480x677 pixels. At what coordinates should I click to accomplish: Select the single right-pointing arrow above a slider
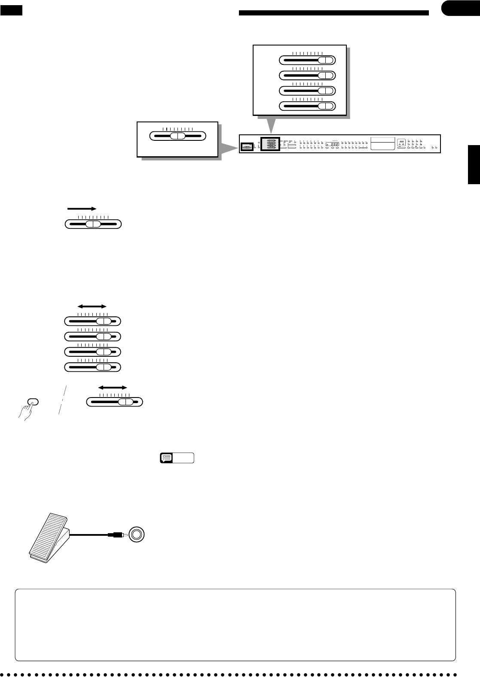pos(81,208)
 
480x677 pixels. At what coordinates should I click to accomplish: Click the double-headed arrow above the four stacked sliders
pos(92,306)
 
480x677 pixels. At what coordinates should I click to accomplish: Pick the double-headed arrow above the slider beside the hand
pos(113,387)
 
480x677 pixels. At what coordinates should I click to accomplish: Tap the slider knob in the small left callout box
pos(177,136)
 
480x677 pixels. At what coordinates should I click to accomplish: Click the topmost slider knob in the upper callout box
pos(327,60)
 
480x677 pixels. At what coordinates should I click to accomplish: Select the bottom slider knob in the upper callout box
pos(327,106)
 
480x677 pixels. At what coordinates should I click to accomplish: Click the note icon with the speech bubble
pos(166,458)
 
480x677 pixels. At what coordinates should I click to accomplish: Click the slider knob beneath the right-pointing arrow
pos(93,224)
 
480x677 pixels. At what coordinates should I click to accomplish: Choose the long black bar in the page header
pos(333,13)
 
